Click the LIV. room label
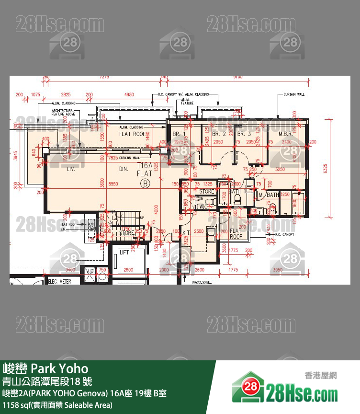72,169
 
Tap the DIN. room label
124,169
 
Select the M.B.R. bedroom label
286,134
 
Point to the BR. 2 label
219,134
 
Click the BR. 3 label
244,134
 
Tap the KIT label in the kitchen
186,233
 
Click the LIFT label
124,252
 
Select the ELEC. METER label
59,281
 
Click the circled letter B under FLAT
145,183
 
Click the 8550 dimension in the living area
113,184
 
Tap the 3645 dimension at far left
16,156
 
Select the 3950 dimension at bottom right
291,270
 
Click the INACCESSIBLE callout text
202,282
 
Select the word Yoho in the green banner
73,368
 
